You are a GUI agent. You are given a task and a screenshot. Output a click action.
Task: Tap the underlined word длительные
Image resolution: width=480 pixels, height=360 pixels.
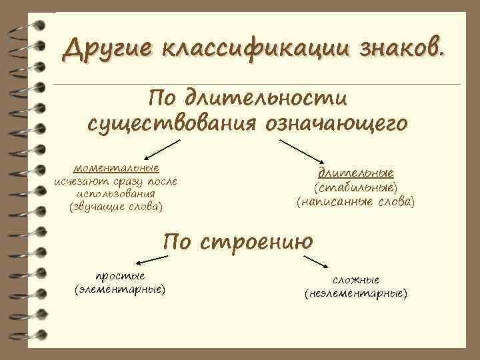[x=355, y=172]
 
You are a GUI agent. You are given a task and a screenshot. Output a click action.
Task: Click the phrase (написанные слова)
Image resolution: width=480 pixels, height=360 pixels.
[x=355, y=200]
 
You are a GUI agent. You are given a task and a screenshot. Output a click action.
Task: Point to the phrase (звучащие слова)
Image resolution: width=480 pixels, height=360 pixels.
[x=116, y=207]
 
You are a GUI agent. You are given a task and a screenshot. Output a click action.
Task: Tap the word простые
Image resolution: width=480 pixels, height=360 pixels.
[x=120, y=276]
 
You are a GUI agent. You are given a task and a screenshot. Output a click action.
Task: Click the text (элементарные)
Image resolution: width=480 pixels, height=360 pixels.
[x=120, y=289]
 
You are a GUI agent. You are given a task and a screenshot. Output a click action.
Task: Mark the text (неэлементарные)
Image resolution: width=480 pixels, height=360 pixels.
[x=356, y=293]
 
